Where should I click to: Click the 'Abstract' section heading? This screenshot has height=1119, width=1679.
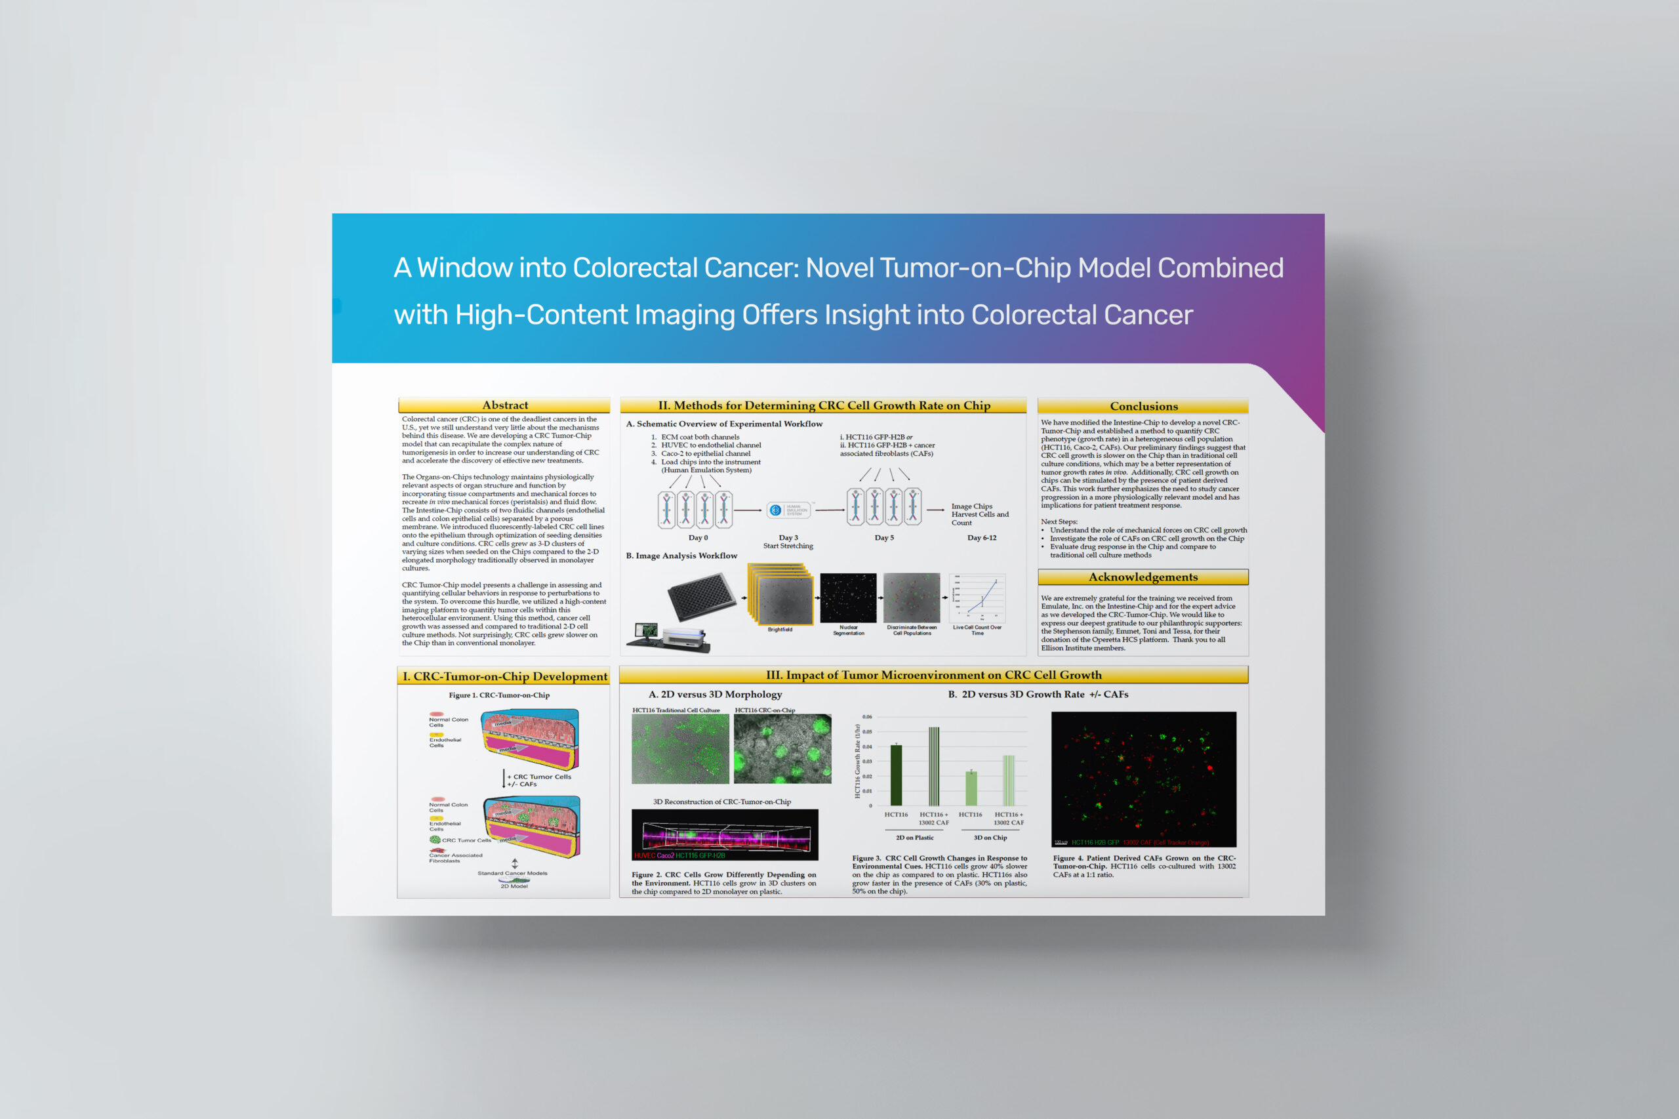(504, 405)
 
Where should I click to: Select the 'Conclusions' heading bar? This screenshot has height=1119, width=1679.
(1143, 406)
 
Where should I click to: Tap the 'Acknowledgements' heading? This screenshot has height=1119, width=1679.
(1143, 577)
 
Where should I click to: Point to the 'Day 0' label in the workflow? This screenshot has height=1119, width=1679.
(698, 538)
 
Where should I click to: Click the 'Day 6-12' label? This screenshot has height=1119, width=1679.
(981, 538)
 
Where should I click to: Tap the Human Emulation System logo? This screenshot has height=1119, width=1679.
(788, 510)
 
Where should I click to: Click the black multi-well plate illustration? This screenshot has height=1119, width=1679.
(701, 596)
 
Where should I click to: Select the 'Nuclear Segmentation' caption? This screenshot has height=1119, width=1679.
(849, 630)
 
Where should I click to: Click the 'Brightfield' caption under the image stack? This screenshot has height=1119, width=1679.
(780, 630)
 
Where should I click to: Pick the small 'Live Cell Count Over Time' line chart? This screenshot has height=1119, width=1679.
(978, 598)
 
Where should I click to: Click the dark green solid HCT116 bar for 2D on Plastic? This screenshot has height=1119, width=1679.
(896, 775)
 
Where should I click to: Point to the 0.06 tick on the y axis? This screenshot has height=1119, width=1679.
(866, 716)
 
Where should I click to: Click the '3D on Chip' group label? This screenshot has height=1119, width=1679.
(990, 838)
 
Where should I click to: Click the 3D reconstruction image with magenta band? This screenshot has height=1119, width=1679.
(724, 834)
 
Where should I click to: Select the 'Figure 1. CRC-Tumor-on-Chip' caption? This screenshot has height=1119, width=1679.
(498, 695)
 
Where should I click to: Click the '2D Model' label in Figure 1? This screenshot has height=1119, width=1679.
(514, 886)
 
